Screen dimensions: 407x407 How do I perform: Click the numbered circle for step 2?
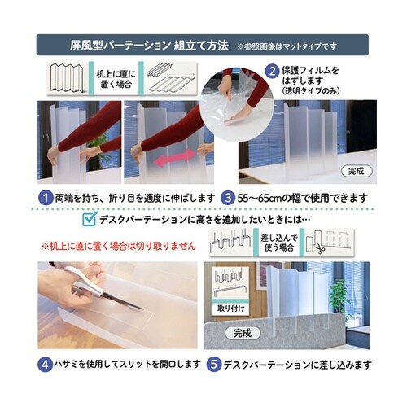(x=273, y=71)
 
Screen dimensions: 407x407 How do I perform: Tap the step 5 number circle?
(x=212, y=364)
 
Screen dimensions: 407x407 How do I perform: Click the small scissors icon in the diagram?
(x=320, y=249)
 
